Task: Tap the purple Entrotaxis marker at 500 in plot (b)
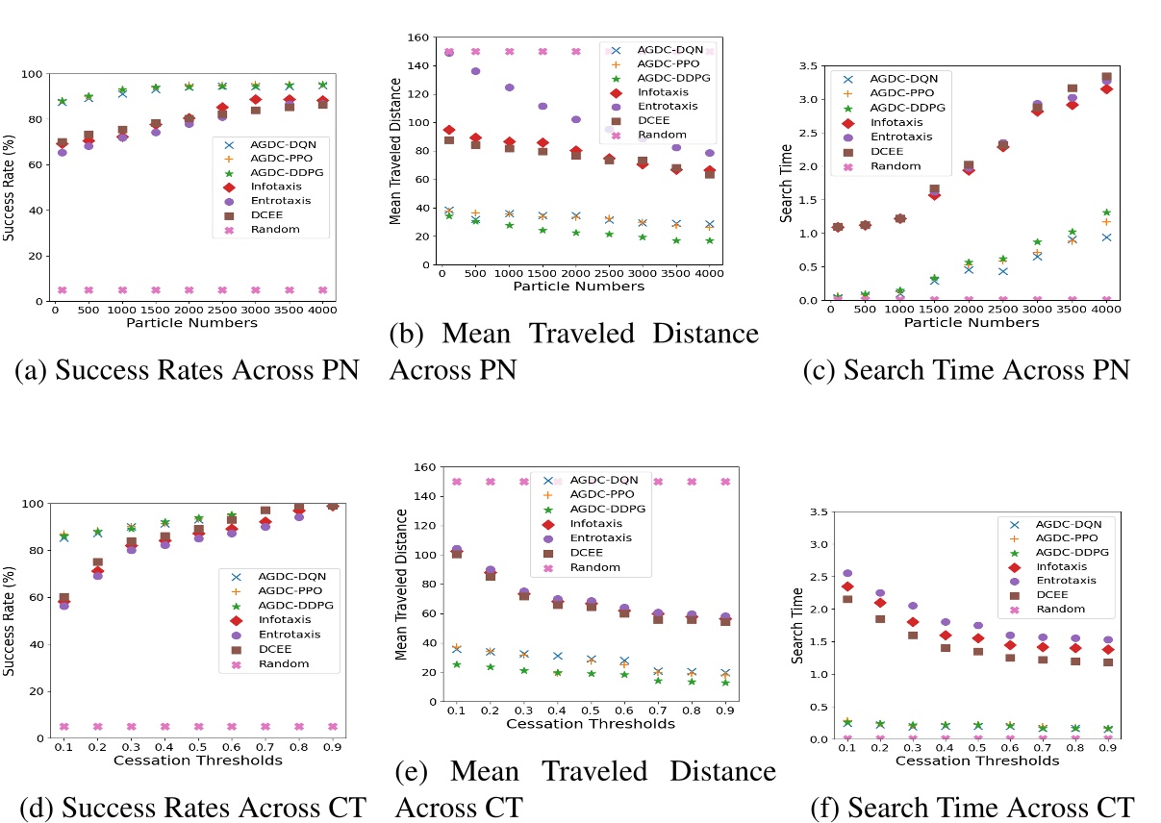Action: [x=475, y=71]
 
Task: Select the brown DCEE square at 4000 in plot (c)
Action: [x=1106, y=78]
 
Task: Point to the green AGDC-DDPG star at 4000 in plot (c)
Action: [x=1106, y=212]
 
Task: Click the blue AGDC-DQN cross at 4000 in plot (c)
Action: [x=1106, y=237]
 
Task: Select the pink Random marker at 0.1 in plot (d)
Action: [x=63, y=727]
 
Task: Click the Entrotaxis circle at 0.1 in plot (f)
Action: [x=846, y=573]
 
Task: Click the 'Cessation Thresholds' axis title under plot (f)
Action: [x=977, y=761]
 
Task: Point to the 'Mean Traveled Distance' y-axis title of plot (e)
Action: [x=401, y=584]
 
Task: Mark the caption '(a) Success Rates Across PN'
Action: [x=188, y=370]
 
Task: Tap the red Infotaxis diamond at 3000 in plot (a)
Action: [x=256, y=100]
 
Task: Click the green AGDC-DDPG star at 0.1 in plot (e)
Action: [x=456, y=664]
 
